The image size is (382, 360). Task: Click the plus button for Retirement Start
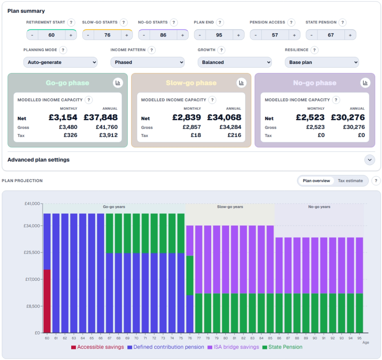[x=71, y=35]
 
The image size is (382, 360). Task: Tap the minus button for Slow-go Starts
[x=88, y=35]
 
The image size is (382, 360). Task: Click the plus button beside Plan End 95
[x=239, y=35]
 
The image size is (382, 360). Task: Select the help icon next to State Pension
[x=342, y=22]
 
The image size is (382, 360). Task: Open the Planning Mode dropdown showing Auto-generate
[x=60, y=62]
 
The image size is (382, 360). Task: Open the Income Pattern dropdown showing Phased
[x=147, y=62]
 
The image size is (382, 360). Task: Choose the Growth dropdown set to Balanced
[x=235, y=62]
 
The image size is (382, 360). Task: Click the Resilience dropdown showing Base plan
[x=322, y=62]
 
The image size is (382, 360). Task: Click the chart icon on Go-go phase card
[x=118, y=83]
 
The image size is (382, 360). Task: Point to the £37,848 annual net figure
[x=101, y=118]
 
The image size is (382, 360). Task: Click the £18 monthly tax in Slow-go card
[x=196, y=135]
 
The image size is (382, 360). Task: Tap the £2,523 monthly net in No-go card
[x=310, y=118]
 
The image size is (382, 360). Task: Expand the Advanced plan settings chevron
[x=370, y=160]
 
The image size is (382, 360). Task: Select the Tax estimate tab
[x=350, y=181]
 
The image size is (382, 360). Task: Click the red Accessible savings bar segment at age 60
[x=47, y=301]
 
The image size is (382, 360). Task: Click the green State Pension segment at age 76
[x=190, y=275]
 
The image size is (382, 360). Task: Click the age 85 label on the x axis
[x=270, y=338]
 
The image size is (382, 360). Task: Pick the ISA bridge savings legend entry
[x=233, y=347]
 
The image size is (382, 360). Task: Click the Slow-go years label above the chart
[x=230, y=207]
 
